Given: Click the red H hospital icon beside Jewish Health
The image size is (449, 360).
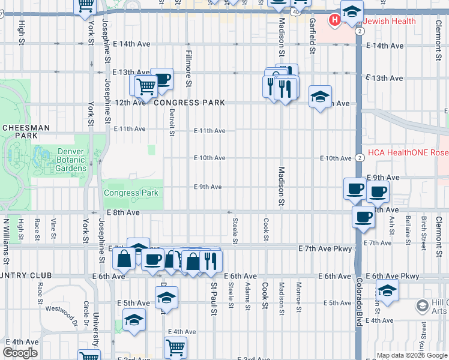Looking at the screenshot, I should pos(335,21).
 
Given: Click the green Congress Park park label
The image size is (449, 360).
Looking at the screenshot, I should pos(131,193).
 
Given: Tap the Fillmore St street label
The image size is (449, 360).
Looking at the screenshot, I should pos(187,68).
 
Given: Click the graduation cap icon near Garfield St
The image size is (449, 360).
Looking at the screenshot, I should pos(321,95).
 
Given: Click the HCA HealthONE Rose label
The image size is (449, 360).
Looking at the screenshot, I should pos(408,152).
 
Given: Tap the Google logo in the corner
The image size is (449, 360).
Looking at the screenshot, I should pos(20,353).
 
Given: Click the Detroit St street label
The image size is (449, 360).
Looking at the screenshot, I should pos(172,122).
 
